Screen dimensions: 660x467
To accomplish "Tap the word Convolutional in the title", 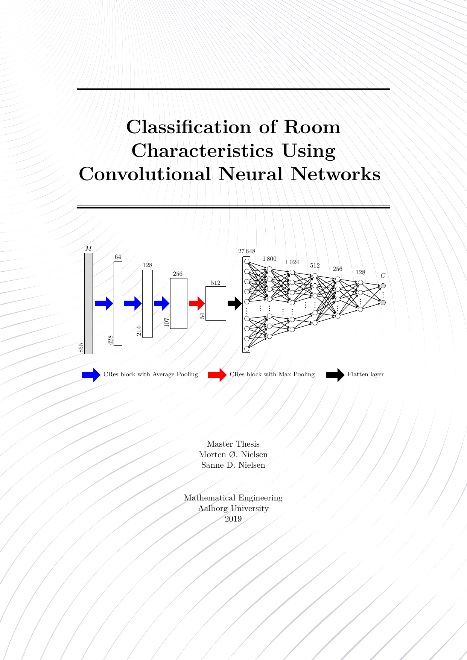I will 145,174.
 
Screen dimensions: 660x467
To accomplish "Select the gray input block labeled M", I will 88,303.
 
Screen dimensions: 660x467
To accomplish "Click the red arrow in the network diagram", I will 196,303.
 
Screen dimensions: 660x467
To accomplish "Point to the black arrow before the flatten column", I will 234,303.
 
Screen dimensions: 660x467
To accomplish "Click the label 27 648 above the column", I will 246,251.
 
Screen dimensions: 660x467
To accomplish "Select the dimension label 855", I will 81,348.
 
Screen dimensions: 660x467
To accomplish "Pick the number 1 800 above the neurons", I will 269,259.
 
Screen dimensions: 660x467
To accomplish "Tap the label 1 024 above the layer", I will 292,262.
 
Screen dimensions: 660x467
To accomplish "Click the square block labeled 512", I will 216,303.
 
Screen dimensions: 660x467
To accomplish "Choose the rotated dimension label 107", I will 167,322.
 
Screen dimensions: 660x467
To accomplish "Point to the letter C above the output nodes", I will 383,276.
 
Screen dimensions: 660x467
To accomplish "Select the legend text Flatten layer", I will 365,374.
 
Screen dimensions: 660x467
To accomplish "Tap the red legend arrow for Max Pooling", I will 217,375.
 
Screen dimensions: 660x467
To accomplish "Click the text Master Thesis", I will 233,444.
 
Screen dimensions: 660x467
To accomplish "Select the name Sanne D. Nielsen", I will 233,465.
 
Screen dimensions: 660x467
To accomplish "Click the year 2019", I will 233,519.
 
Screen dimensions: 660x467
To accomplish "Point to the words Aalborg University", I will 233,508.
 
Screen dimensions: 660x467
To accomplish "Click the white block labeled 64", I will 118,303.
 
